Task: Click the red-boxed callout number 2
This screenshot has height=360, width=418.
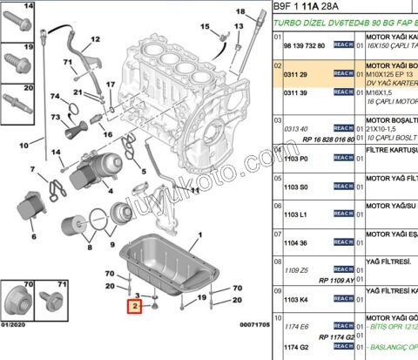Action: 134,307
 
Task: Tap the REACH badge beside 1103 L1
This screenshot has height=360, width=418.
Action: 342,214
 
